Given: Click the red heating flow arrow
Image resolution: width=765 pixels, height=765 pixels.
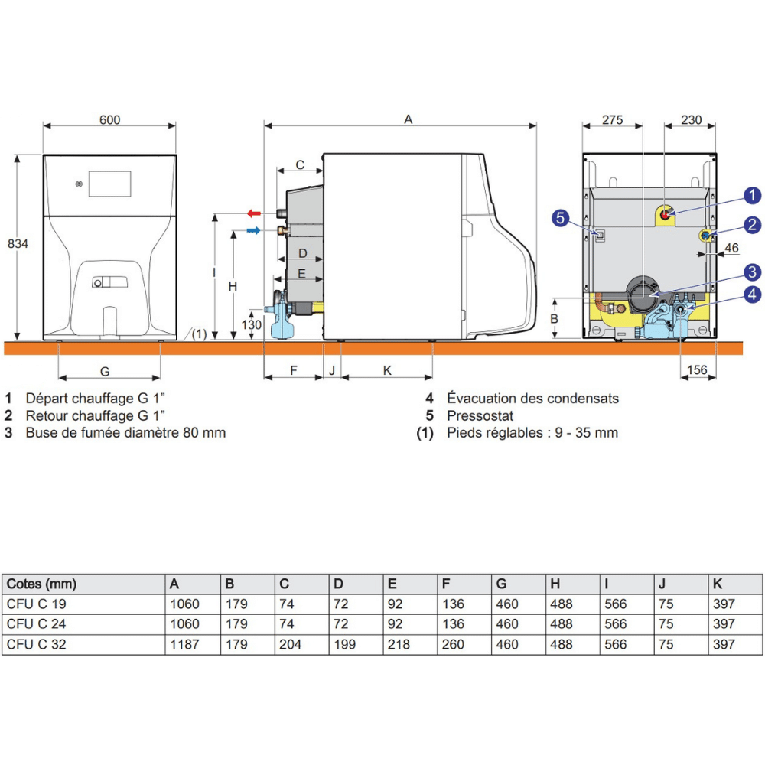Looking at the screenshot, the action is point(254,213).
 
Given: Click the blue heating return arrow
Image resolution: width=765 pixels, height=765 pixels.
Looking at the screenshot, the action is point(253,230).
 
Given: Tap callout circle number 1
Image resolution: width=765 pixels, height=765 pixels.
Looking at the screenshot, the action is point(752,195).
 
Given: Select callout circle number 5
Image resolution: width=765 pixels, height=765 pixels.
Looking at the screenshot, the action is point(560,217).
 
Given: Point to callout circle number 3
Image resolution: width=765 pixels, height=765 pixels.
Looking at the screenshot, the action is point(752,272).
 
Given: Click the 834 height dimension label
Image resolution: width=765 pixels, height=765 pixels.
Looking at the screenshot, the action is point(18,243).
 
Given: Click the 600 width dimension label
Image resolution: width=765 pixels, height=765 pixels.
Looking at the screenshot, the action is point(109,120).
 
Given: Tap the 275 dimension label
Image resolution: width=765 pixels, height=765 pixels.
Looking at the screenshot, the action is point(612,120).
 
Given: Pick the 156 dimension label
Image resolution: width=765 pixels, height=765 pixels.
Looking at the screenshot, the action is point(697,369).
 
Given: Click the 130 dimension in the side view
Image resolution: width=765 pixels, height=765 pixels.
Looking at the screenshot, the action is point(251,324).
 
